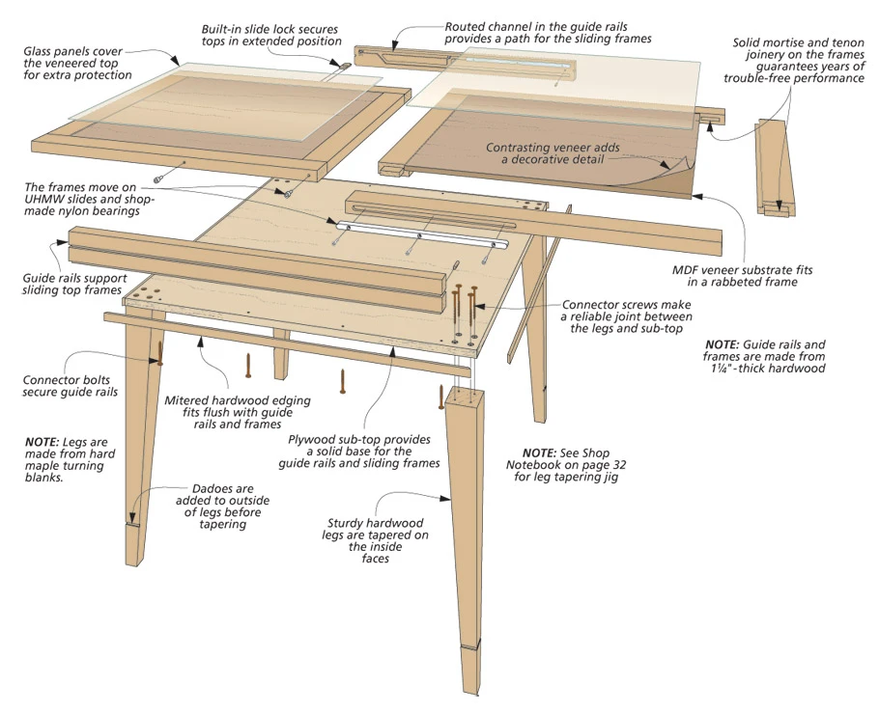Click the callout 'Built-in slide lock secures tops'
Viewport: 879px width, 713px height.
point(271,35)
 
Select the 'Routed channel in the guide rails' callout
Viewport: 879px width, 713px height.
point(548,33)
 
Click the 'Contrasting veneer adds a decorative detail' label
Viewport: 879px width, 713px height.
point(553,153)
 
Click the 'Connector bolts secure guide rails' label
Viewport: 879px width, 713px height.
point(71,386)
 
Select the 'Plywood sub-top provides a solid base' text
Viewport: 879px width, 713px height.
point(364,451)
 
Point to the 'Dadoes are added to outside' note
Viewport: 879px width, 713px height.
point(222,507)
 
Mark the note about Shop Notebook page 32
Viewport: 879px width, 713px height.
point(569,464)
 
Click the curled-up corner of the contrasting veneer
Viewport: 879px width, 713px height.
point(680,170)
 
